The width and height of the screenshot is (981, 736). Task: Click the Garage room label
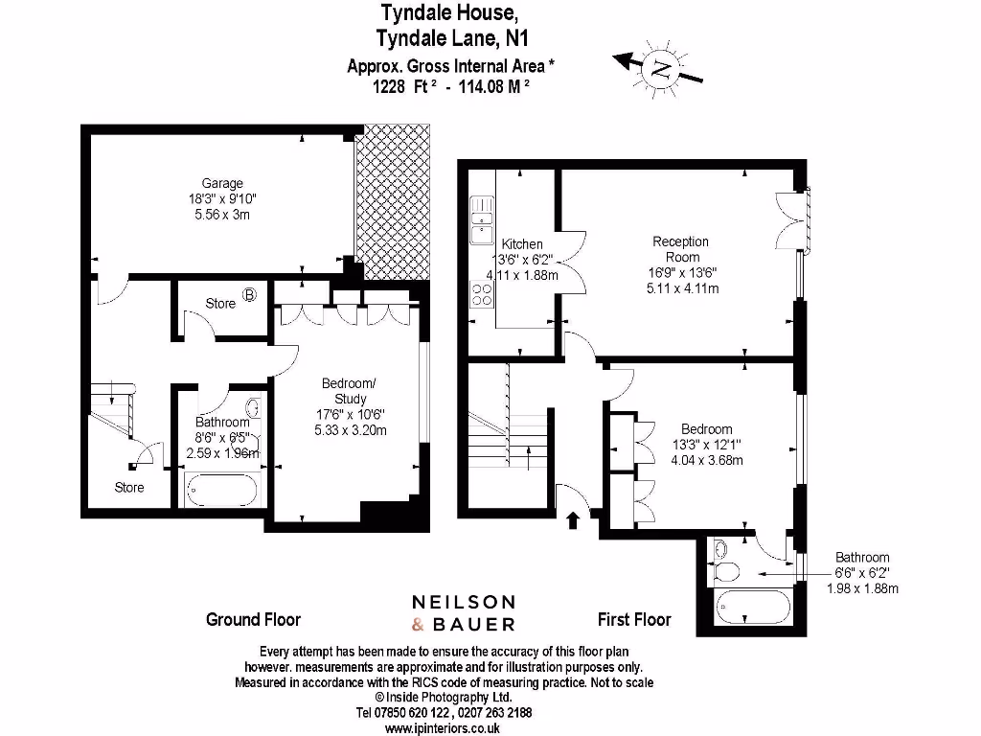[x=221, y=183]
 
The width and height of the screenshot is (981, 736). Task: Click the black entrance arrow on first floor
[x=573, y=520]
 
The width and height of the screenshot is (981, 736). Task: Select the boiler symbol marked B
[x=249, y=295]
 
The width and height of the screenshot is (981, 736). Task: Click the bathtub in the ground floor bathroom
[x=222, y=490]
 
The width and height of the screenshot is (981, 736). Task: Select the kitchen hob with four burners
[x=481, y=292]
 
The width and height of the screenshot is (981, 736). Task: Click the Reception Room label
[x=681, y=249]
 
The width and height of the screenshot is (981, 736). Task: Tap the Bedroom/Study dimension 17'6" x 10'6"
[x=350, y=414]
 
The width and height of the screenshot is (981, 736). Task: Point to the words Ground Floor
[x=253, y=619]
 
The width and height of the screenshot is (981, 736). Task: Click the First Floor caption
[x=634, y=619]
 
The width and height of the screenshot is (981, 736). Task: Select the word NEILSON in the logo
[x=464, y=602]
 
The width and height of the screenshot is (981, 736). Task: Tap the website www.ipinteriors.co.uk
[x=443, y=727]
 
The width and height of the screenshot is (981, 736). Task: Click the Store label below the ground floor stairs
[x=129, y=487]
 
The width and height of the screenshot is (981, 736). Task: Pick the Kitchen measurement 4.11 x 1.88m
[x=522, y=275]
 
